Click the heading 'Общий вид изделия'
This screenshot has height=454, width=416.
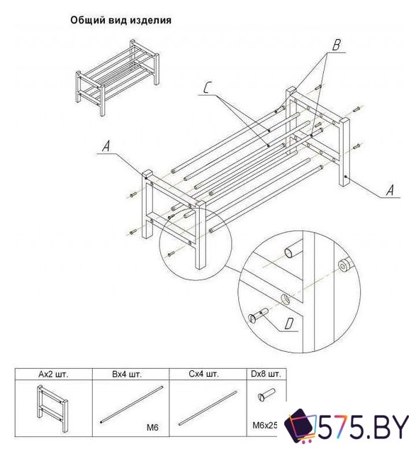(x=120, y=21)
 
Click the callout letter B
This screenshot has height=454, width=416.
(x=336, y=45)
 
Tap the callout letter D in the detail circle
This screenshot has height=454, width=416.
(x=288, y=323)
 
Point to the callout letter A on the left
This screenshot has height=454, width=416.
(x=106, y=146)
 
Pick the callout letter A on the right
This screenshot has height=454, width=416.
(x=390, y=190)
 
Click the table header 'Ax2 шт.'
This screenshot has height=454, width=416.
(x=53, y=374)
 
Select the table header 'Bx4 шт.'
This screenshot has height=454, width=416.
(x=127, y=374)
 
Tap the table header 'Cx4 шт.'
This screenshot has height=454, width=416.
(x=203, y=374)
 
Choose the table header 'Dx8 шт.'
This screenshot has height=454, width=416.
(x=266, y=374)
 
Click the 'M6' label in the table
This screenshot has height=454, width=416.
(x=152, y=427)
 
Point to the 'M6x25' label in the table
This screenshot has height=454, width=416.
(x=265, y=426)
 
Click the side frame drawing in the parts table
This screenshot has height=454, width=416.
(x=52, y=409)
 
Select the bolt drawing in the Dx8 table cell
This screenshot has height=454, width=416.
(x=266, y=394)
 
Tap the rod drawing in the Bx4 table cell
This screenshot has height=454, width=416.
(x=132, y=404)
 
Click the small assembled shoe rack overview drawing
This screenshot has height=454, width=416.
(x=117, y=77)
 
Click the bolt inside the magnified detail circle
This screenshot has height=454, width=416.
(x=259, y=316)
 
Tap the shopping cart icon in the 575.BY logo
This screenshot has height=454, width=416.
(x=300, y=426)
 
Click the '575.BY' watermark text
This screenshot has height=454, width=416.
(x=364, y=426)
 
